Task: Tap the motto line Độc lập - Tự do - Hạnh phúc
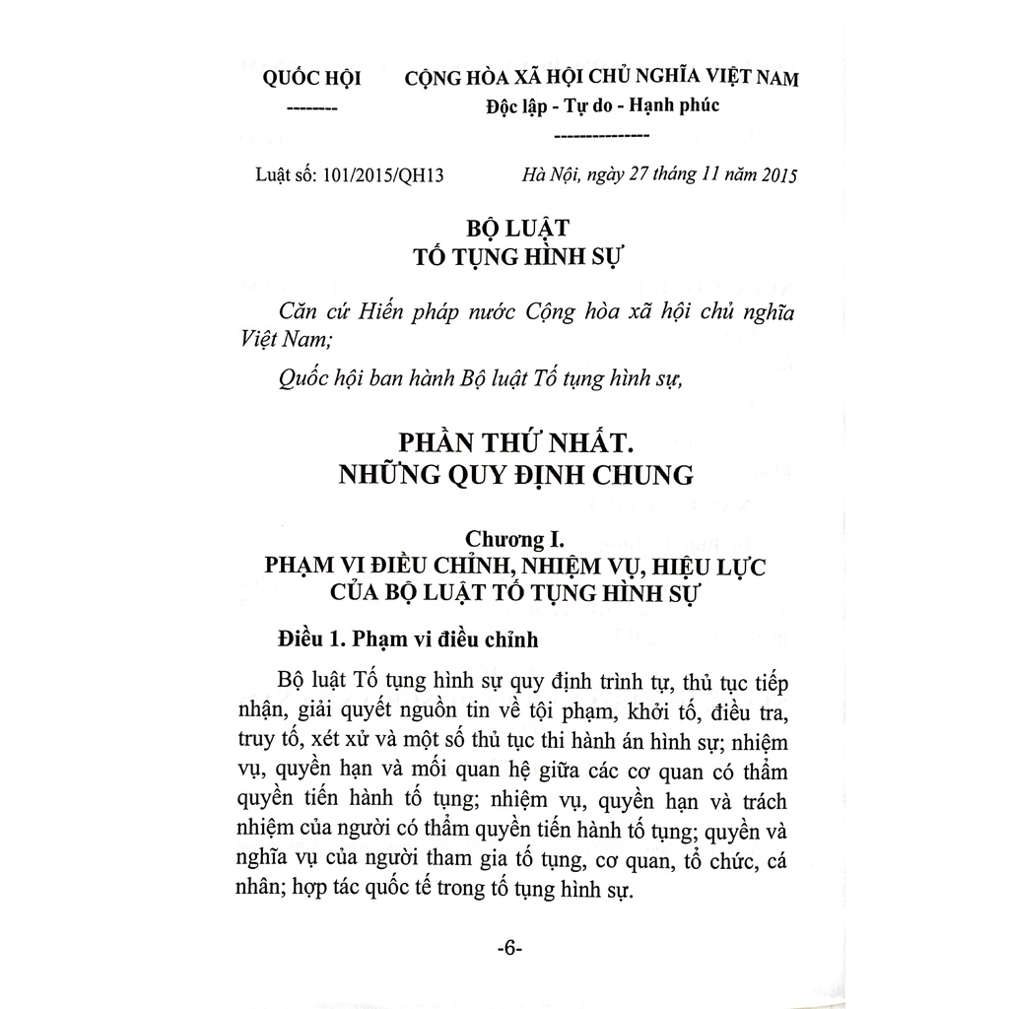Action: pos(602,104)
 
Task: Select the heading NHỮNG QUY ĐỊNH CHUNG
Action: pos(515,475)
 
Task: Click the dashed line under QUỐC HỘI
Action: pos(311,109)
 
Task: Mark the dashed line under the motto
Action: pos(602,135)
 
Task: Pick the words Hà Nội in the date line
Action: pos(550,175)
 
